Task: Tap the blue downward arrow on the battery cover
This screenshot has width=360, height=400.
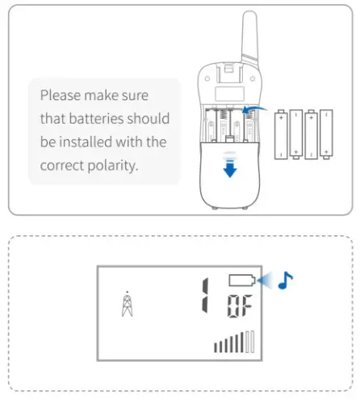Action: click(x=230, y=168)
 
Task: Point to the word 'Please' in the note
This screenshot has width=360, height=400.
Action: click(x=61, y=95)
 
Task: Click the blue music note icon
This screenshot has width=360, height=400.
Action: click(x=283, y=282)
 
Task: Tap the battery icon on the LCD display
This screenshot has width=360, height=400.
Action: click(x=242, y=281)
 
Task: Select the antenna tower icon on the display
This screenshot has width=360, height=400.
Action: click(x=126, y=305)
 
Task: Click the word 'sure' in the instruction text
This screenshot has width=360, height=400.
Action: click(x=153, y=95)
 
